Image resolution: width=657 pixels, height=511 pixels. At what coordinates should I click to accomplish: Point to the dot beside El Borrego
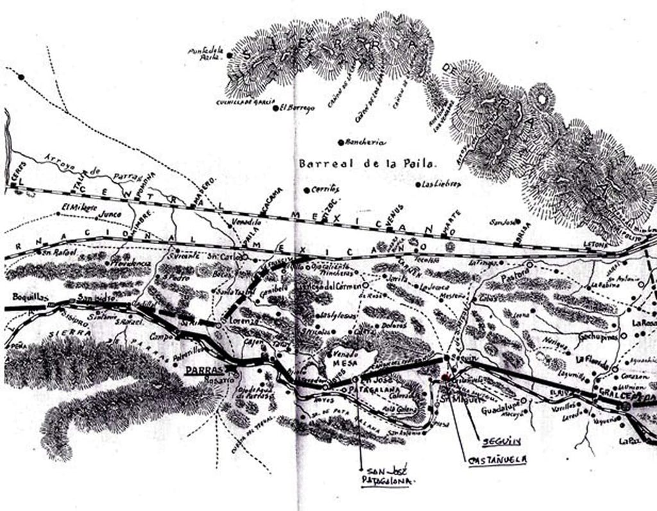click(276, 108)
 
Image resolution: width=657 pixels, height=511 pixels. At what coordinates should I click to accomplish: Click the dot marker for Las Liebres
click(416, 185)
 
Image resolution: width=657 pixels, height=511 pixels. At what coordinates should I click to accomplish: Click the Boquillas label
click(30, 297)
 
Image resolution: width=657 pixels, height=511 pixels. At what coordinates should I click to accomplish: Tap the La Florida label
click(591, 358)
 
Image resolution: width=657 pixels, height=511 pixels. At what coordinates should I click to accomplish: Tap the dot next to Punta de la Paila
click(229, 56)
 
